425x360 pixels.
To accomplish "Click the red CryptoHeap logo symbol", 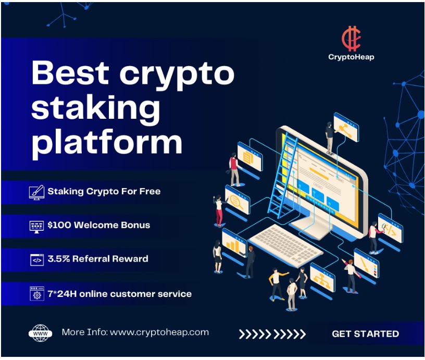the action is click(351, 39).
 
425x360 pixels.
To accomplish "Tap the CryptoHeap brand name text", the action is click(351, 57).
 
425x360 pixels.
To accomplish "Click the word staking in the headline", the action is click(95, 108).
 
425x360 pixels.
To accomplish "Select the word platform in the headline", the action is click(107, 142).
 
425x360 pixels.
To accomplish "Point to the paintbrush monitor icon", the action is click(36, 192).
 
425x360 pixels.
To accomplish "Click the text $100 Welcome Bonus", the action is click(98, 225).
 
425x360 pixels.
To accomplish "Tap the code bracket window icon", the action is click(37, 259).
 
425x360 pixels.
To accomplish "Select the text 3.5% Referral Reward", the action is click(98, 258).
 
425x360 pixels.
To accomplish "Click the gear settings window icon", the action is click(37, 294).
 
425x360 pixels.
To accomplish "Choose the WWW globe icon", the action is click(41, 333).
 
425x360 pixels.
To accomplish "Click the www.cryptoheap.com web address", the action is click(159, 332).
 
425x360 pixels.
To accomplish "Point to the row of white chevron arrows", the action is click(272, 334).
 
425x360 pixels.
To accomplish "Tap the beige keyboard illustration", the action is click(286, 245).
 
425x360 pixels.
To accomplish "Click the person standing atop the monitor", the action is click(330, 138).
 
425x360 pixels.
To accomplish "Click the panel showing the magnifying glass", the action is click(237, 200).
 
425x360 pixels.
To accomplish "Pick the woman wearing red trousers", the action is click(219, 210).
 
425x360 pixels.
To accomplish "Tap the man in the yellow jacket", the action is click(277, 284).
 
